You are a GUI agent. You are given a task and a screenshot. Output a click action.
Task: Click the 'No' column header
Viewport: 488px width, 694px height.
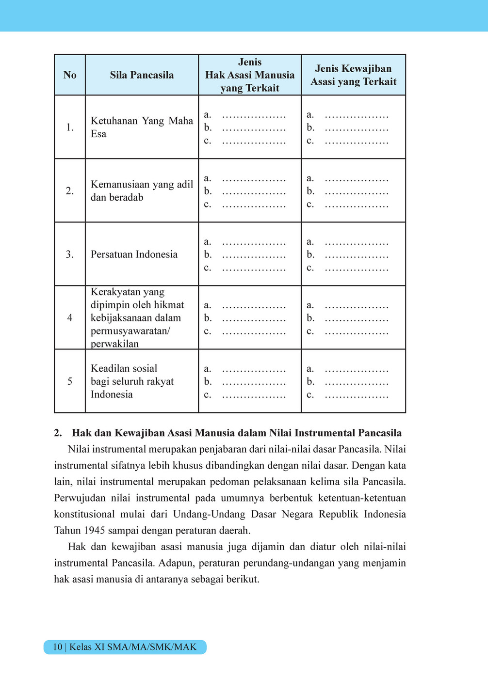point(70,75)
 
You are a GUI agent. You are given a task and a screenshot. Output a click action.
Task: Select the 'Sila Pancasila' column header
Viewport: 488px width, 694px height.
point(142,75)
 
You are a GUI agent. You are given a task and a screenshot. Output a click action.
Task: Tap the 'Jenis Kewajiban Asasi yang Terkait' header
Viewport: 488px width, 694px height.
point(353,75)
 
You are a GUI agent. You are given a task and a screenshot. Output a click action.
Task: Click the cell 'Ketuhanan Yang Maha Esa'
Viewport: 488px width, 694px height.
point(142,127)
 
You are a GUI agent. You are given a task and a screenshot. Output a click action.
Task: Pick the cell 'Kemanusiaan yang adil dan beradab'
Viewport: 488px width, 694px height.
point(142,191)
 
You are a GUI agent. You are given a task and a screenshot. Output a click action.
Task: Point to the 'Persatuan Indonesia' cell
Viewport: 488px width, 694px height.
point(134,254)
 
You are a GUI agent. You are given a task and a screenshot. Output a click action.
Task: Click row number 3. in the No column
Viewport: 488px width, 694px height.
point(70,254)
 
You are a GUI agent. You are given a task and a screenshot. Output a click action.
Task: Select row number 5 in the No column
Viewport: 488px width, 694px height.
point(70,381)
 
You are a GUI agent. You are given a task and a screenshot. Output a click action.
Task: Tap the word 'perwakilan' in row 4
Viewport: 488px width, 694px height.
point(114,344)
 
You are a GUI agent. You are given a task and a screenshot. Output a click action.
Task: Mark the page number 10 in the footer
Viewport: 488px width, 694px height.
point(57,647)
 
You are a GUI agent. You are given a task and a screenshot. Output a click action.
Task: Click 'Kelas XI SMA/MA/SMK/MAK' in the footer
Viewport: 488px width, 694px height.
point(133,647)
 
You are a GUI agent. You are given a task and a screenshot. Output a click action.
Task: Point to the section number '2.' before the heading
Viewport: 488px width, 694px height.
point(58,433)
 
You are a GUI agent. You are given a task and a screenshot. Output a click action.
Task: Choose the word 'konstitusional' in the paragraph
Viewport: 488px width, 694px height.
point(85,514)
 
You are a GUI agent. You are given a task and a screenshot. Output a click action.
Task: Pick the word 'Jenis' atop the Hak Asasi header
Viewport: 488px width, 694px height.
point(250,62)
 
